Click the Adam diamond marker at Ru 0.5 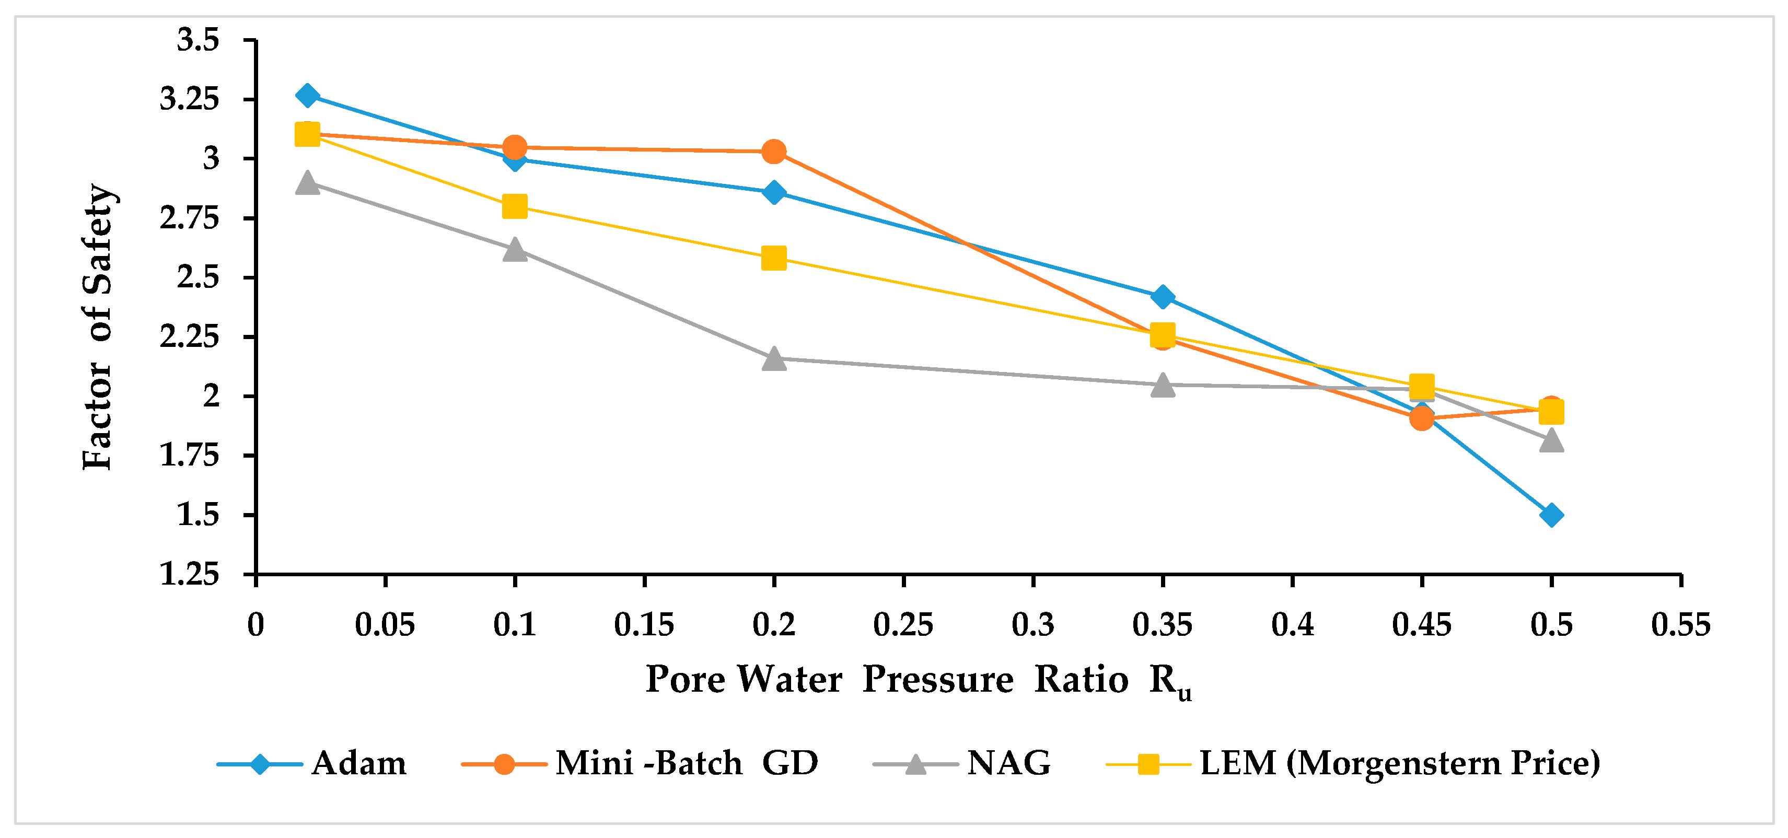[1551, 515]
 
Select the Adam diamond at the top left [307, 95]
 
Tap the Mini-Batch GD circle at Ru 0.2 [774, 152]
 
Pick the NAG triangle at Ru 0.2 [774, 358]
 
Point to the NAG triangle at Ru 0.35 [1163, 384]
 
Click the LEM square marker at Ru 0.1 [514, 206]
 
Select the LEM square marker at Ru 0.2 [774, 258]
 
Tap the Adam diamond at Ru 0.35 [1163, 297]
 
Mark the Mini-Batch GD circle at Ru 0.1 [514, 147]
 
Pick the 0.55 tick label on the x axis [1681, 625]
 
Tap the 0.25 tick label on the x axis [903, 625]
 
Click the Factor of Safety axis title [97, 327]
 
